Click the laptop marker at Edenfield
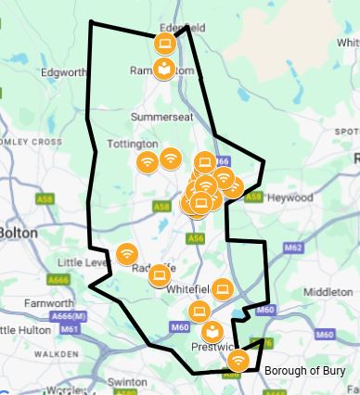[x=164, y=43]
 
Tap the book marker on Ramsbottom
[x=163, y=69]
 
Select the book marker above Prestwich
[x=212, y=331]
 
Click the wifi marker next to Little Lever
[x=126, y=252]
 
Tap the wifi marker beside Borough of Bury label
[x=238, y=360]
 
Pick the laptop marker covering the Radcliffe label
[x=160, y=274]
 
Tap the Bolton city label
[x=18, y=232]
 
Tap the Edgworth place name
[x=62, y=71]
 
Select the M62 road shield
[x=293, y=248]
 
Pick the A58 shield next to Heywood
[x=253, y=197]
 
